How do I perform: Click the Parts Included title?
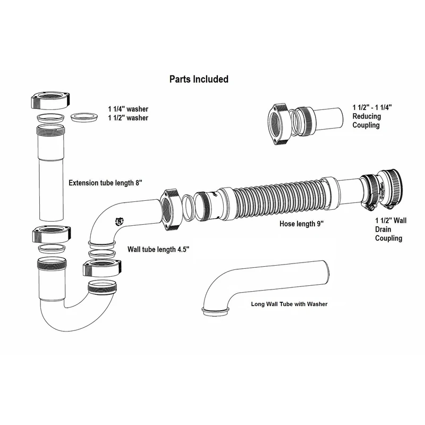(199, 79)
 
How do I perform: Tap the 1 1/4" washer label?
(128, 109)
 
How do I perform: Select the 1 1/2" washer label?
(128, 118)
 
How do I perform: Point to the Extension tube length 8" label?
(105, 183)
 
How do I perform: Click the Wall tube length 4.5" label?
(158, 249)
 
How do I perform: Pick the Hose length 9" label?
(301, 224)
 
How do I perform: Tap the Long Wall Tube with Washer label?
(289, 304)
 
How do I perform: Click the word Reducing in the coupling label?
(367, 116)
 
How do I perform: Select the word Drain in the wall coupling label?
(383, 229)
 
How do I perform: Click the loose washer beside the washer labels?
(84, 117)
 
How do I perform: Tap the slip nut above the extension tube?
(50, 100)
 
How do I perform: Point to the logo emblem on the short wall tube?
(119, 222)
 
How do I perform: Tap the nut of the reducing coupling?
(278, 124)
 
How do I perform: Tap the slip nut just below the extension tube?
(52, 234)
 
